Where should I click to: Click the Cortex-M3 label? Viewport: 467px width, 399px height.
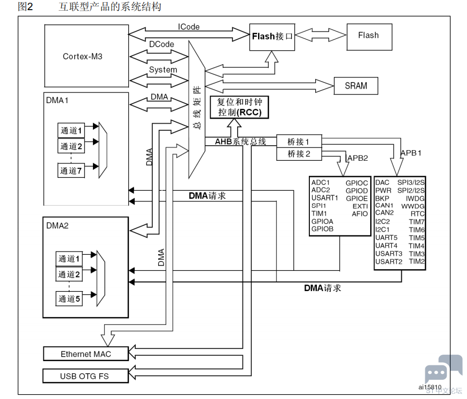click(82, 56)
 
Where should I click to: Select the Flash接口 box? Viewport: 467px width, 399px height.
click(272, 37)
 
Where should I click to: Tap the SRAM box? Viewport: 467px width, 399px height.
click(356, 86)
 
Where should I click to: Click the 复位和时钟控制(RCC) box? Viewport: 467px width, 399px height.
click(239, 107)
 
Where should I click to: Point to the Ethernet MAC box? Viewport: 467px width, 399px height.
click(86, 354)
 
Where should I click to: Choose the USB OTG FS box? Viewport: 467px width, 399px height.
click(85, 376)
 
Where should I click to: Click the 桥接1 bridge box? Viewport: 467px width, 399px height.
click(299, 141)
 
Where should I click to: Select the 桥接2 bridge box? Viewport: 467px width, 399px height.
click(299, 154)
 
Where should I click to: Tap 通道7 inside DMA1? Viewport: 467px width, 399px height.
click(71, 170)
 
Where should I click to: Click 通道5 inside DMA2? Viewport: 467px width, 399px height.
click(69, 299)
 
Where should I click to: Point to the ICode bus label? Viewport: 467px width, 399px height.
click(189, 27)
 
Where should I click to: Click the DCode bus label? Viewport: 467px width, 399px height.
click(161, 44)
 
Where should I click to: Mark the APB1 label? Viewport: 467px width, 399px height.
click(411, 153)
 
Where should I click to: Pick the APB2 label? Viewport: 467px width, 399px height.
click(357, 158)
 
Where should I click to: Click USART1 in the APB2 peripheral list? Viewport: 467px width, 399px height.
click(325, 198)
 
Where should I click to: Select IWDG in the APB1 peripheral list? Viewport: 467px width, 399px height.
click(415, 199)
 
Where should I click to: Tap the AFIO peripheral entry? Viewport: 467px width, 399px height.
click(360, 214)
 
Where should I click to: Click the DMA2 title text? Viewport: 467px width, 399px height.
click(57, 226)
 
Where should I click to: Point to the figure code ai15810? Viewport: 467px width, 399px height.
click(430, 387)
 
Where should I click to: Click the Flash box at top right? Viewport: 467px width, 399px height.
click(369, 37)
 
